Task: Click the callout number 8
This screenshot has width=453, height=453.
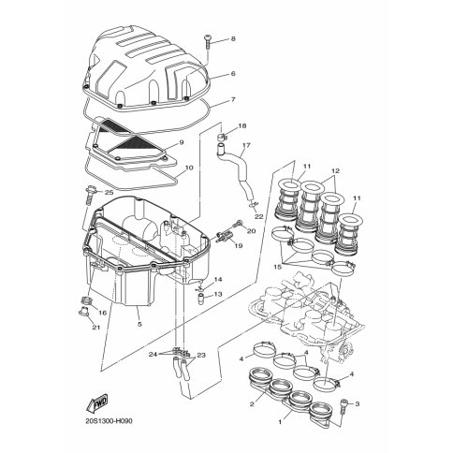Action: [x=233, y=39]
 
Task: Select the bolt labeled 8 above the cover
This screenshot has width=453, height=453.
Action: [x=208, y=41]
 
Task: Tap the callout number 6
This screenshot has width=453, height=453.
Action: [x=233, y=74]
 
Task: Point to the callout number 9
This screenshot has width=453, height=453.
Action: [x=182, y=143]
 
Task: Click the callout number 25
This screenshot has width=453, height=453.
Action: [x=109, y=193]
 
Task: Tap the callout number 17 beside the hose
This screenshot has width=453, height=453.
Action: [x=246, y=145]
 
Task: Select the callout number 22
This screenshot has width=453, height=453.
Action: [x=259, y=216]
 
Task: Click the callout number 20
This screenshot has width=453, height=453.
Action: [x=251, y=231]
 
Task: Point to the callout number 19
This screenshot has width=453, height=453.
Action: [x=239, y=246]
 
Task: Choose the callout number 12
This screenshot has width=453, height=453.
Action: [x=335, y=171]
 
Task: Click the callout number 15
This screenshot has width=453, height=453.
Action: [x=278, y=267]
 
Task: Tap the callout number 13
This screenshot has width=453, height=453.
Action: [x=218, y=294]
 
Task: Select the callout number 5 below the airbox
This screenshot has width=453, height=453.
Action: [x=139, y=325]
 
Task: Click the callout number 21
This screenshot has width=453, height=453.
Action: [x=96, y=328]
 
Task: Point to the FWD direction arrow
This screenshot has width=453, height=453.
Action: [x=96, y=402]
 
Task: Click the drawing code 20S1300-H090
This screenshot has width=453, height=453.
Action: [x=110, y=421]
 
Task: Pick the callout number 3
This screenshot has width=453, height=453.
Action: [x=358, y=404]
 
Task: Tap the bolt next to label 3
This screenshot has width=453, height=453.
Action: [x=343, y=405]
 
